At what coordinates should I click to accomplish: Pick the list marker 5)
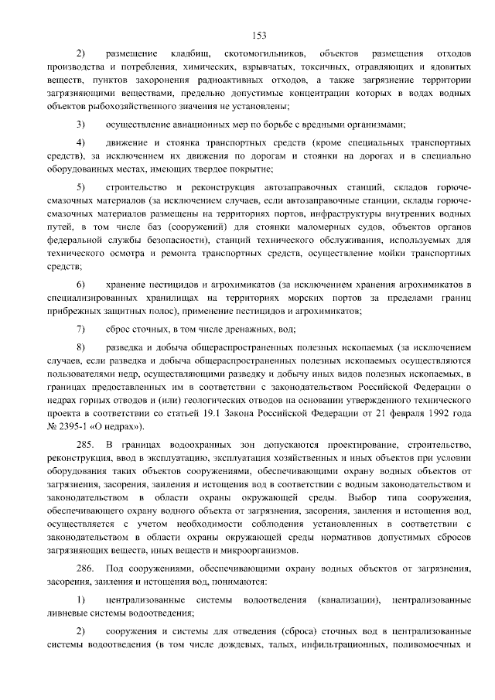(80, 189)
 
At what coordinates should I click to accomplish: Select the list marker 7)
(80, 329)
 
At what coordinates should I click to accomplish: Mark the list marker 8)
(80, 348)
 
